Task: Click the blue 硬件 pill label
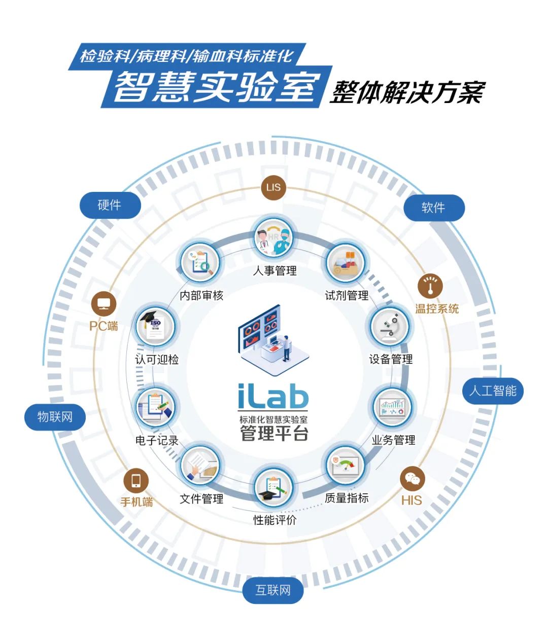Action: (110, 206)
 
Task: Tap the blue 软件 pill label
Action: (433, 208)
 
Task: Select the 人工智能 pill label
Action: (493, 391)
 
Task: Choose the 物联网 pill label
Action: (55, 417)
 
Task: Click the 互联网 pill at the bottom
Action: (273, 591)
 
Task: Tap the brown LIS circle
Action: (273, 187)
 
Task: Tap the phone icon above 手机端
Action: (136, 480)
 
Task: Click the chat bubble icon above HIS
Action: (412, 479)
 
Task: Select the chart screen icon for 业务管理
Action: (393, 407)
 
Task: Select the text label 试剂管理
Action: (347, 295)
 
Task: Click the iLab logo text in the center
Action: (273, 396)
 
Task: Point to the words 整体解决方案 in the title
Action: (407, 92)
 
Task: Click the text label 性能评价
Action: (275, 520)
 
